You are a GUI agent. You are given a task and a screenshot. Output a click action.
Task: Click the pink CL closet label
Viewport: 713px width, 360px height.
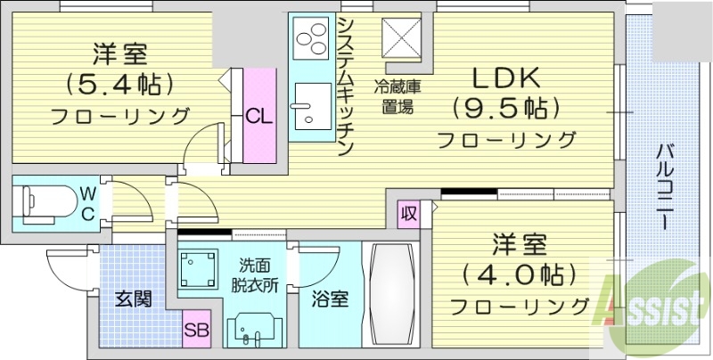pyautogui.click(x=259, y=116)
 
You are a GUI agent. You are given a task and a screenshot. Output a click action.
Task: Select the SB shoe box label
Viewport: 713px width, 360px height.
pyautogui.click(x=196, y=331)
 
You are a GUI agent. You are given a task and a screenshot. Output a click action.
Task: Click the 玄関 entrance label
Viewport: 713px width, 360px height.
pyautogui.click(x=132, y=298)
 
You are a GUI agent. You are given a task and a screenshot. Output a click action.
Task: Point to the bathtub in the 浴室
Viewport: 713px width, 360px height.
pyautogui.click(x=393, y=294)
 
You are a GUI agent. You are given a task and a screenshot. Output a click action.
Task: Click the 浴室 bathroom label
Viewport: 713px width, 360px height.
pyautogui.click(x=328, y=299)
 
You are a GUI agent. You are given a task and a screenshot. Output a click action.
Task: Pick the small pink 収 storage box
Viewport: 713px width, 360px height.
pyautogui.click(x=409, y=214)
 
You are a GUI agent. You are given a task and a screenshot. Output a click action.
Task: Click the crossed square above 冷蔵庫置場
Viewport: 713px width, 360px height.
pyautogui.click(x=399, y=38)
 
